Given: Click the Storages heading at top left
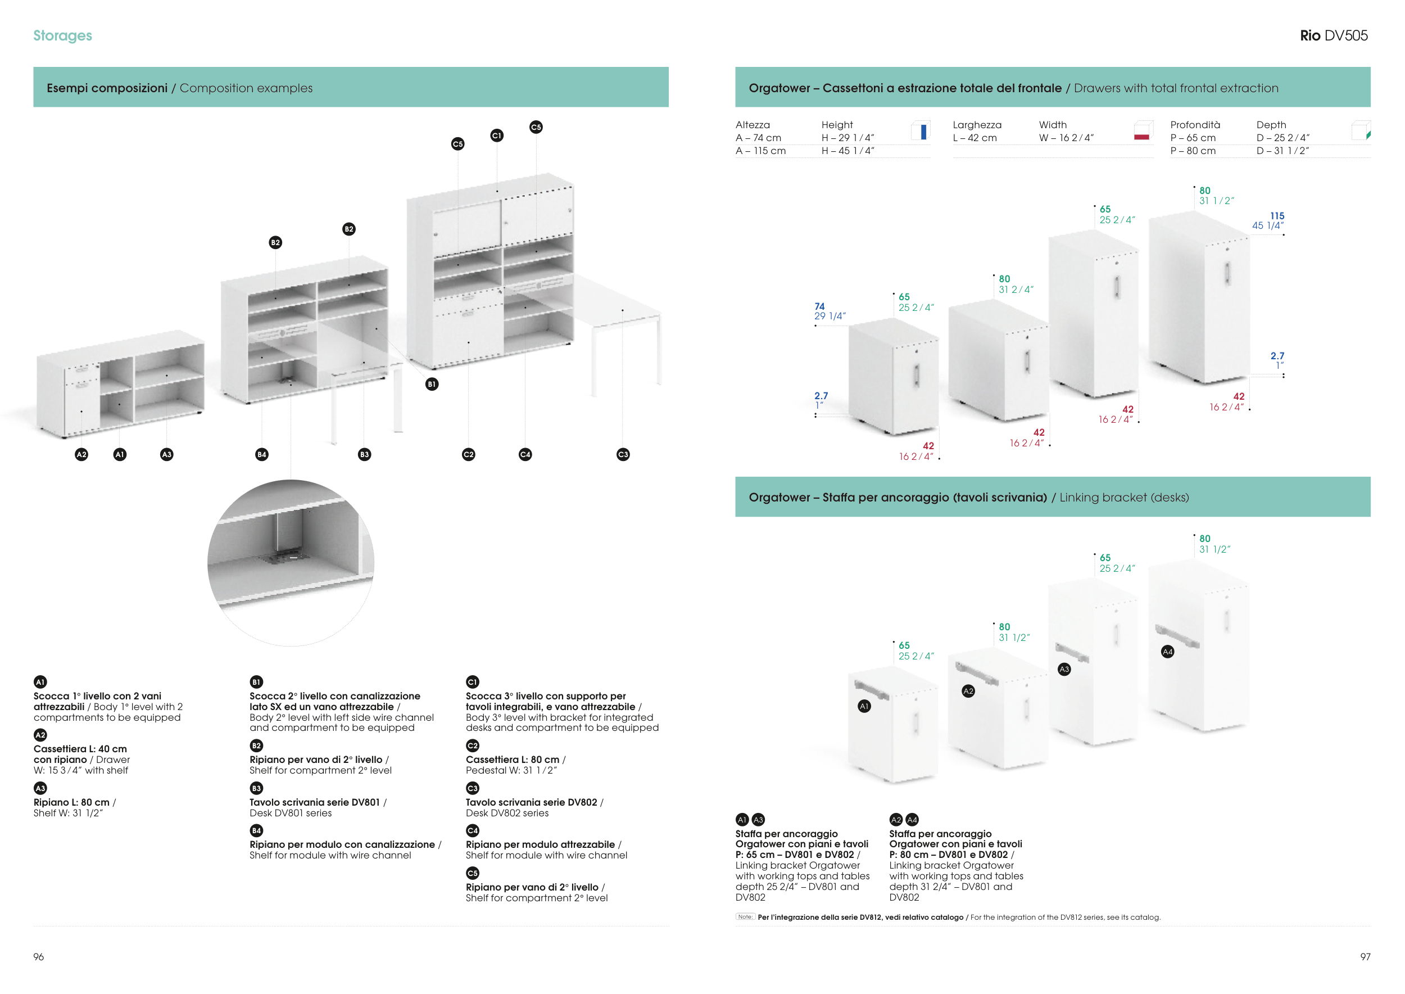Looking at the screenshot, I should [62, 35].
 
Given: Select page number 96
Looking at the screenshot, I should [39, 957].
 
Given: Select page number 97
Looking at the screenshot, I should [1365, 957].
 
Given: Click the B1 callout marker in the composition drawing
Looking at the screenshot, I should [432, 385].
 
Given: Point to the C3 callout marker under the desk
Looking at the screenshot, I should [623, 454].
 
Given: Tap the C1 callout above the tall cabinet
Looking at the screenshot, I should [497, 135].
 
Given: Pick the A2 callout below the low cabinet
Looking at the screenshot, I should [81, 454].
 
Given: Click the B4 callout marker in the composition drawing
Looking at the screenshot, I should [262, 454].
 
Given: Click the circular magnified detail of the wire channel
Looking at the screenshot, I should [291, 563].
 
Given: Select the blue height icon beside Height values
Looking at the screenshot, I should [922, 131].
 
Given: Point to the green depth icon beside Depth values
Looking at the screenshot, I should [1362, 131].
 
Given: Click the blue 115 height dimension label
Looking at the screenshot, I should [1276, 216].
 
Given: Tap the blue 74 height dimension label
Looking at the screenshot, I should [819, 306].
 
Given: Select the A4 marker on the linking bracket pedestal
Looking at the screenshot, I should [1168, 652].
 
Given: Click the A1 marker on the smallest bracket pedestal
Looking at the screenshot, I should [864, 706].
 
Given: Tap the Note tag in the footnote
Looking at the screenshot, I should [745, 917].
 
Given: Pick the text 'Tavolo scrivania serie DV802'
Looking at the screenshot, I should [531, 802].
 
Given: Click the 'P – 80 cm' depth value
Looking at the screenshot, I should [1193, 151].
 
